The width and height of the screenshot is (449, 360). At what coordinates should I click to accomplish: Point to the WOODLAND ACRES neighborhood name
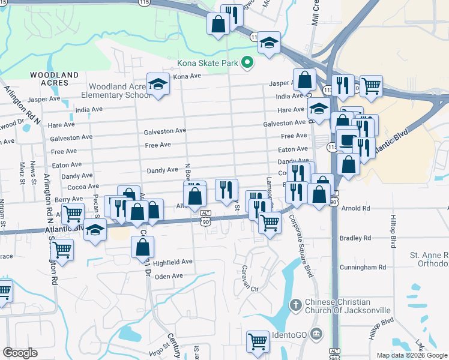55,79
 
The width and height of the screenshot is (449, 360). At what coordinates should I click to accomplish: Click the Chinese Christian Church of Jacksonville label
348,306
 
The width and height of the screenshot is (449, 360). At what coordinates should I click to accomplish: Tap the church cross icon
295,305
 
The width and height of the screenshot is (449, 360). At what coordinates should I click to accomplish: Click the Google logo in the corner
20,352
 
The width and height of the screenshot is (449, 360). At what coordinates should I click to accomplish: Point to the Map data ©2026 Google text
411,355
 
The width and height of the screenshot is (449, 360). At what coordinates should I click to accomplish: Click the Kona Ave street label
187,77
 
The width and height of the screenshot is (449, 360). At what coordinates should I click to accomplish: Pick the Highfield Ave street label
172,262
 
